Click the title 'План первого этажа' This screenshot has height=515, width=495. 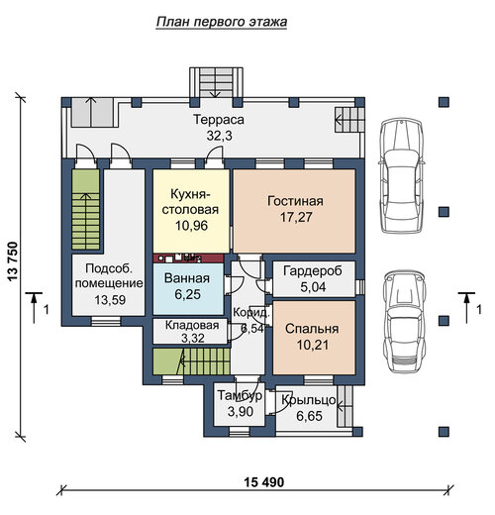coord(222,22)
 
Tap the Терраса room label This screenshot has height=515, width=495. coord(219,120)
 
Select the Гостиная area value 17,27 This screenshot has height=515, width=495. coord(296,217)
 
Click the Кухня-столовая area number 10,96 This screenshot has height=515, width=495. coord(191,226)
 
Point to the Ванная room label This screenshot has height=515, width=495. coord(187,278)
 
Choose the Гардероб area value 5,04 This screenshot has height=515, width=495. coord(313,287)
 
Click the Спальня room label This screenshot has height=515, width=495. coord(312,329)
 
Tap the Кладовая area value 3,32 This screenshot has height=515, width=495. coord(193,338)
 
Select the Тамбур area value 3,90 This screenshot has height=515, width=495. coord(241,411)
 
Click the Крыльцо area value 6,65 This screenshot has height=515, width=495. coord(309,416)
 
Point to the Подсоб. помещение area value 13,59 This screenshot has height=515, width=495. coord(110,300)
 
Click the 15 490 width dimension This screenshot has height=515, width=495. coord(263,482)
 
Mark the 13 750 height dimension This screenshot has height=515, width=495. coord(12,261)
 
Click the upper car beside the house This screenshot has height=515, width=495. coord(401,176)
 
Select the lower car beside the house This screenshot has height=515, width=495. coord(404,322)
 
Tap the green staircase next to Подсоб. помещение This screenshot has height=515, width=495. coord(86,210)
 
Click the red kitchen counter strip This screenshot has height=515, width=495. coord(188,258)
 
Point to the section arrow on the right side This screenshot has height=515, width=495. coord(466,308)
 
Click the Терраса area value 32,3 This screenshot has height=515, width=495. coord(219,136)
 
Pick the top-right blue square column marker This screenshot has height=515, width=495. coord(444,102)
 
